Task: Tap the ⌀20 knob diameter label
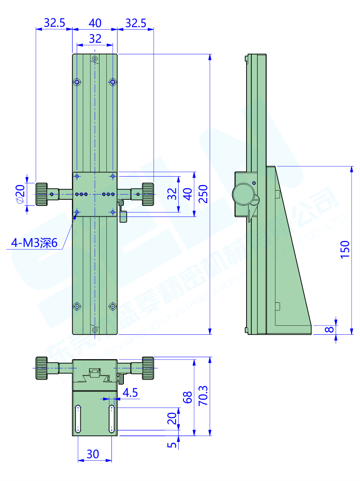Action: [x=20, y=194]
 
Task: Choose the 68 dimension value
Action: [x=187, y=397]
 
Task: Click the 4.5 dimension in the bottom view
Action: [x=130, y=393]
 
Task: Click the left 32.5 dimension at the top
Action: [x=54, y=23]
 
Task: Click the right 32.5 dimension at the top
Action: [x=135, y=23]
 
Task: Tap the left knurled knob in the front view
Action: [x=42, y=194]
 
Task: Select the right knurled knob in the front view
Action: [x=147, y=194]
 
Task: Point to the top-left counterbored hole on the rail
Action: [x=77, y=82]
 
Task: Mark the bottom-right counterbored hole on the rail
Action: [x=113, y=306]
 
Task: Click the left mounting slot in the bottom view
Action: [x=78, y=419]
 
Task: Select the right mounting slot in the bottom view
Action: [x=111, y=419]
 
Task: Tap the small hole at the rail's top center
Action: [x=95, y=59]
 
